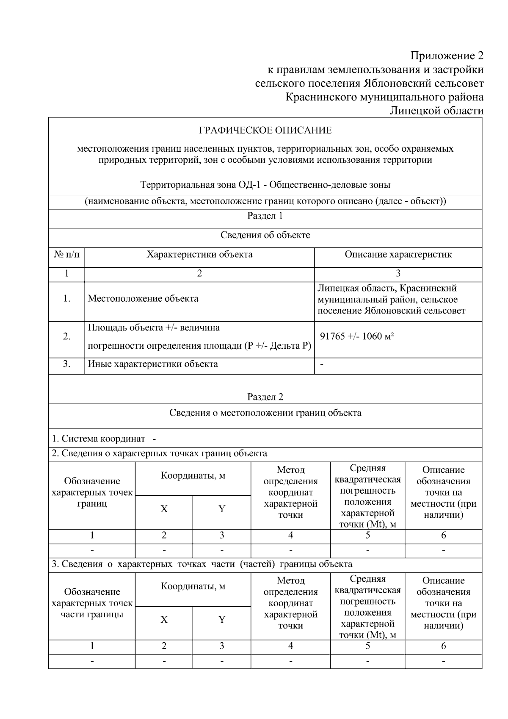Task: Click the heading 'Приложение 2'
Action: click(x=447, y=56)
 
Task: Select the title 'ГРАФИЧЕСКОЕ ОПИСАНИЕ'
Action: click(x=265, y=130)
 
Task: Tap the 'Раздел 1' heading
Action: click(x=265, y=216)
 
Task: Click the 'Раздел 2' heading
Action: click(x=265, y=397)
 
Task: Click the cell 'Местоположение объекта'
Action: click(x=143, y=299)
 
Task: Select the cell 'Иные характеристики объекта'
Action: click(x=153, y=364)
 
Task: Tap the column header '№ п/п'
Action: click(x=66, y=255)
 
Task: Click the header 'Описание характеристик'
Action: click(x=398, y=255)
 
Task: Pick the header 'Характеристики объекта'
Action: click(x=199, y=255)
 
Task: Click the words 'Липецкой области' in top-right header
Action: click(x=436, y=111)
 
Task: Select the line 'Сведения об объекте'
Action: click(x=265, y=235)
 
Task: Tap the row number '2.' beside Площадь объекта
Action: click(x=66, y=336)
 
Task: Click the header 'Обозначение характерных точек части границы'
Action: click(x=92, y=603)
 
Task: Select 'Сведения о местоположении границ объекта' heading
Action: click(x=265, y=413)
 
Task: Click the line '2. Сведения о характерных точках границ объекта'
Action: click(x=159, y=454)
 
